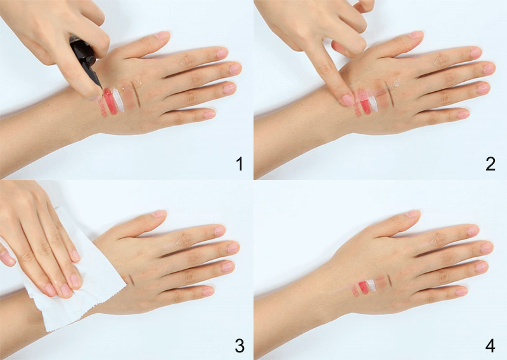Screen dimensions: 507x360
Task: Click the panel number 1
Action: pos(240,164)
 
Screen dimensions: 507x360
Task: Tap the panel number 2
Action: pos(491,164)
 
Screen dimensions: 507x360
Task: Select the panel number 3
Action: pos(240,346)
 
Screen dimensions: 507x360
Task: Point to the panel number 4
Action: pos(490,346)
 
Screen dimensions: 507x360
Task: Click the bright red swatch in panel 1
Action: pos(110,101)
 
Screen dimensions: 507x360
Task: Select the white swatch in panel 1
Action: pos(119,100)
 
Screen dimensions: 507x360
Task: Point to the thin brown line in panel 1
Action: pos(136,95)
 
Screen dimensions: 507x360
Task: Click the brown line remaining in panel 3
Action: pos(132,280)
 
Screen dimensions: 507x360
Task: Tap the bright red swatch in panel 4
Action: pos(364,287)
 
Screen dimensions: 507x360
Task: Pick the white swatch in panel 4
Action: pos(371,285)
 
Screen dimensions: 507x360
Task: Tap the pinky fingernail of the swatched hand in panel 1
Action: pos(209,115)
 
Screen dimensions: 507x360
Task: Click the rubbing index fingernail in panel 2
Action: pos(347,100)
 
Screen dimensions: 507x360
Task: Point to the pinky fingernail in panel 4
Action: pos(461,291)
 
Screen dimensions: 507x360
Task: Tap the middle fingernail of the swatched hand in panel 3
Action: pos(233,247)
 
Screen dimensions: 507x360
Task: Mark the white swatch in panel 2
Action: pos(373,103)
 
